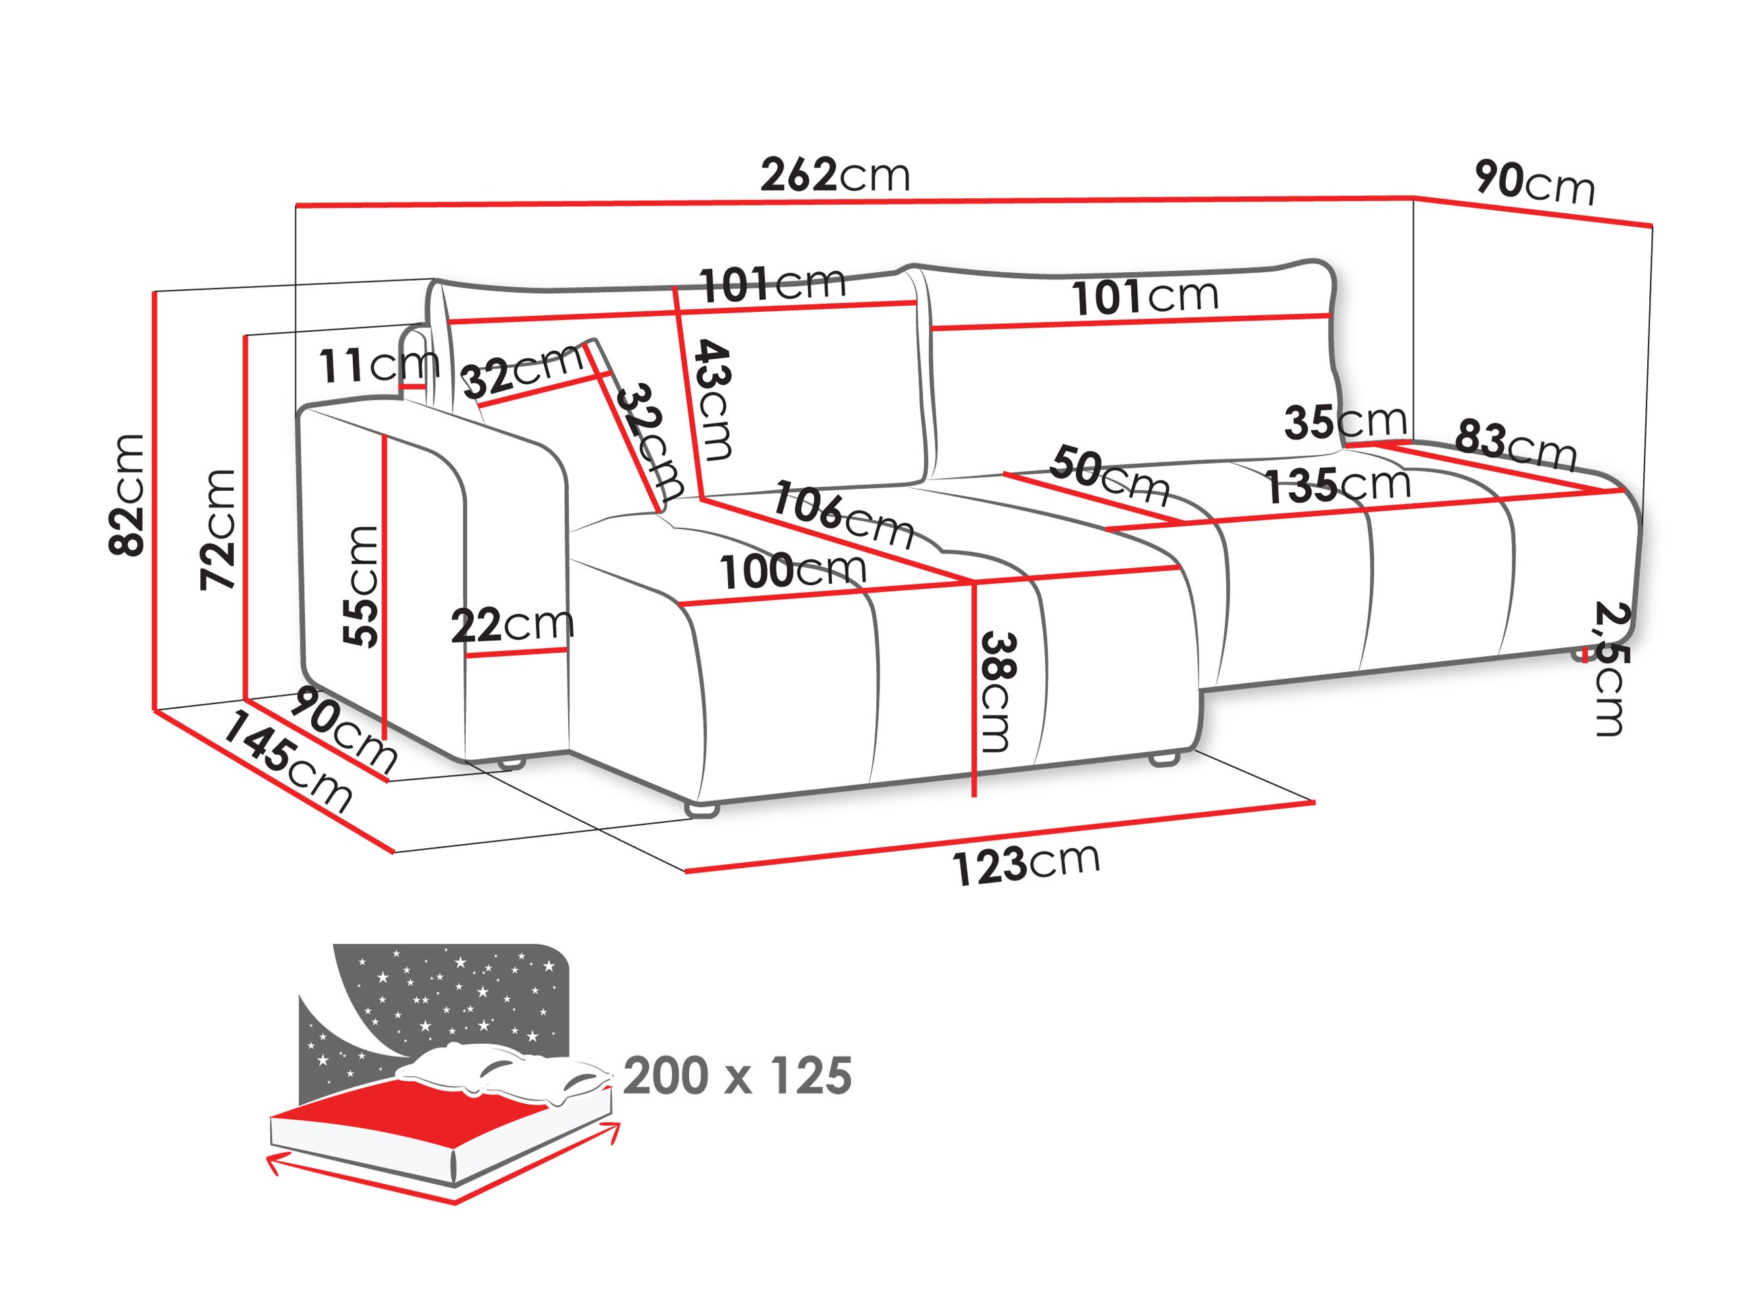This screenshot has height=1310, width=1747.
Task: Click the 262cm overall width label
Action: coord(835,175)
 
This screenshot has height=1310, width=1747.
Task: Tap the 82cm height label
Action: coord(127,495)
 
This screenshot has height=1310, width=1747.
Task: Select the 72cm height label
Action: coord(217,530)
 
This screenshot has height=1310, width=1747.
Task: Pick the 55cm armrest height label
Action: coord(361,586)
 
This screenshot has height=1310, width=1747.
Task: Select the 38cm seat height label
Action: coord(996,692)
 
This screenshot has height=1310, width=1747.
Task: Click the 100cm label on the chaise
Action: coord(792,571)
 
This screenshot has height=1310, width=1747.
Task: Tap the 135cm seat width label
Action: coord(1338,485)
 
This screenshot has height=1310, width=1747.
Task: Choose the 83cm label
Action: coord(1516,445)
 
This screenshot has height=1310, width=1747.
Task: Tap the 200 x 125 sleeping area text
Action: coord(737,1075)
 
